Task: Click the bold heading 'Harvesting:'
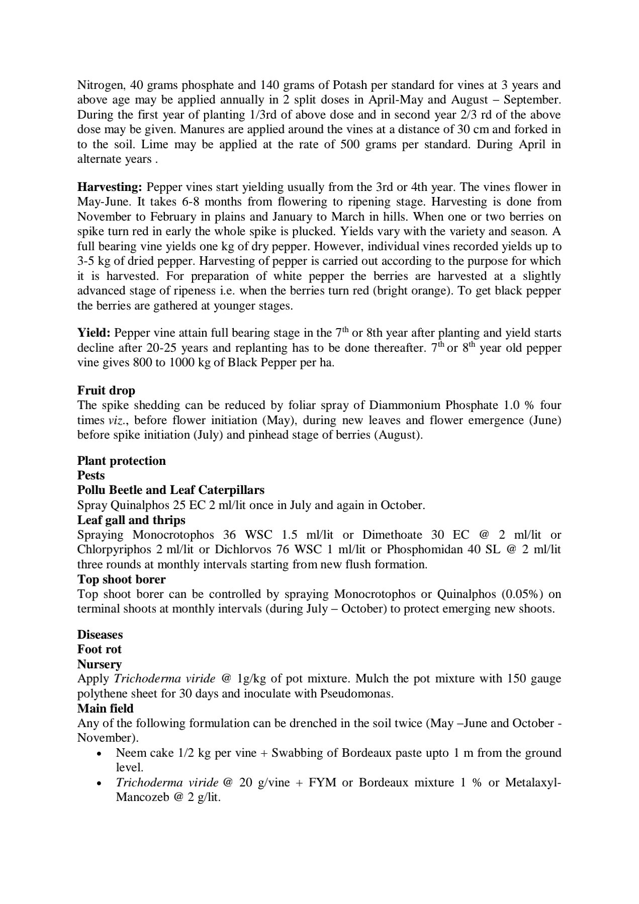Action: (x=110, y=187)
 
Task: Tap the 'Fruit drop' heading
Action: (x=106, y=390)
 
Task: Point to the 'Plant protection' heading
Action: (x=121, y=461)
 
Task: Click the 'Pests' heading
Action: (x=91, y=475)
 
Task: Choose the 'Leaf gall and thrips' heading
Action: (x=131, y=520)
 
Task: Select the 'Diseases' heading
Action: (x=100, y=635)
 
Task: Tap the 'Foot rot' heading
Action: (x=100, y=649)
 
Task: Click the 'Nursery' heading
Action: (x=99, y=664)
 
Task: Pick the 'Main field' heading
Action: (x=105, y=709)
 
